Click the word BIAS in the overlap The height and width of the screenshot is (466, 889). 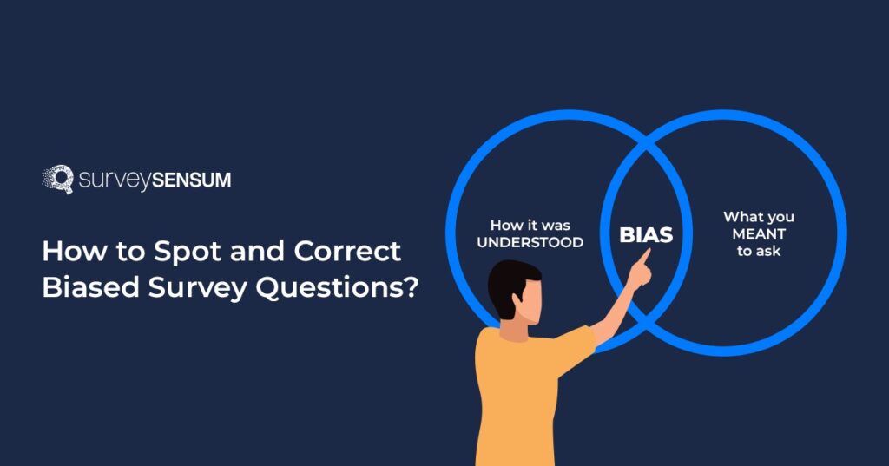tap(646, 235)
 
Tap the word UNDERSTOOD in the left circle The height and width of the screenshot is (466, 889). tap(530, 242)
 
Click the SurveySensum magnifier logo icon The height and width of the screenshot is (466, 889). tap(57, 179)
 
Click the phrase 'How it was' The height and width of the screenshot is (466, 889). tap(530, 225)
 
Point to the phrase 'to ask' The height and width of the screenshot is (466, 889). tap(758, 251)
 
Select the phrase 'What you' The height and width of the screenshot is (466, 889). tap(758, 216)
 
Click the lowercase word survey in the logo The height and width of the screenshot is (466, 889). tap(113, 180)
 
